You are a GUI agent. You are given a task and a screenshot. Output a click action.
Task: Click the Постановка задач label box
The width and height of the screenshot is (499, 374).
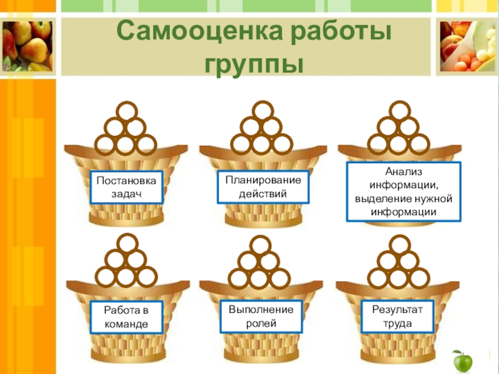127,187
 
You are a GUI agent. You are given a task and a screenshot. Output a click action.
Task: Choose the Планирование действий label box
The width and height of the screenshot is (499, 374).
263,187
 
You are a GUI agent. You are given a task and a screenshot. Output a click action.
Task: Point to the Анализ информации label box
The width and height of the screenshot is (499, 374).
403,191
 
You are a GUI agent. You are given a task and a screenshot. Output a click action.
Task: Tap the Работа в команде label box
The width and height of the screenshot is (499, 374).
127,317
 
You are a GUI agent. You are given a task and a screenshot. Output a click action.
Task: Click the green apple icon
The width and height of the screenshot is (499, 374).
462,361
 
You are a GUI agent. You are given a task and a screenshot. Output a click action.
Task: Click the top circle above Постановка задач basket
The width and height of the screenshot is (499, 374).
126,113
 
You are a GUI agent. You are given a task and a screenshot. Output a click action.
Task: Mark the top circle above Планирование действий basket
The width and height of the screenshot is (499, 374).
261,113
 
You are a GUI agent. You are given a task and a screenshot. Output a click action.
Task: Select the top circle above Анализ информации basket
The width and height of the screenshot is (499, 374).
399,113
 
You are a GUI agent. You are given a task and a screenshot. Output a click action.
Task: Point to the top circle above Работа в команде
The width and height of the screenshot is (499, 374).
126,244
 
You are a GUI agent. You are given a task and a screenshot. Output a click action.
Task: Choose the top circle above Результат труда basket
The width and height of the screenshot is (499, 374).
398,244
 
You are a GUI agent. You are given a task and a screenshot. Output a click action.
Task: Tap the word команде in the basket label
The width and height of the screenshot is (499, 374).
127,325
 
